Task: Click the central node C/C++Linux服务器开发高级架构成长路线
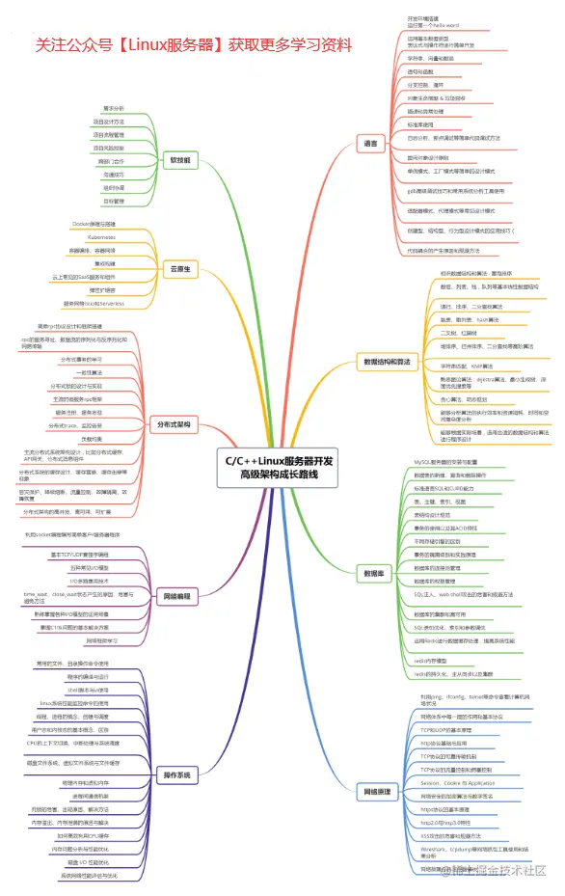(x=280, y=469)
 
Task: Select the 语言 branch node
(x=370, y=144)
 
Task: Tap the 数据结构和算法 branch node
(x=385, y=363)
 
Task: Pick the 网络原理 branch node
(x=378, y=791)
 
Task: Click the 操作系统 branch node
(x=176, y=774)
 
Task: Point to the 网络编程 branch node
(x=177, y=597)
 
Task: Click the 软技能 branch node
(x=179, y=159)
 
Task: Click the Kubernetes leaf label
(x=102, y=236)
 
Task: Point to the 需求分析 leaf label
(x=114, y=108)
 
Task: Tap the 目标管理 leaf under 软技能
(x=114, y=202)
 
